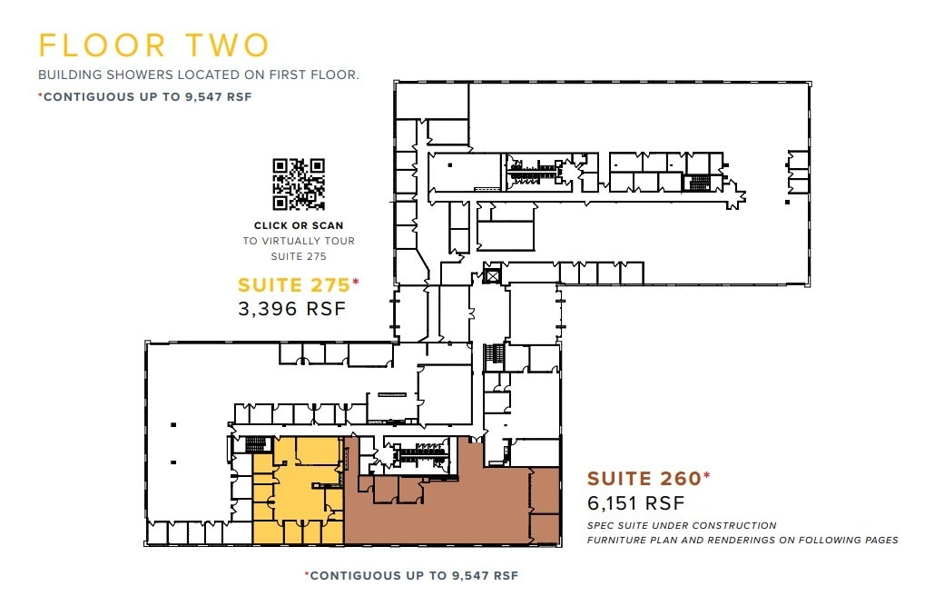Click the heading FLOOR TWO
point(153,46)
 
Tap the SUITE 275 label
point(294,284)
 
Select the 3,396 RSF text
point(291,308)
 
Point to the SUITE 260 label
point(644,478)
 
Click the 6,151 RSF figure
point(635,502)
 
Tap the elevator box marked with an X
point(493,274)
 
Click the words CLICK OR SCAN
point(299,225)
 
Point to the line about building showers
point(198,75)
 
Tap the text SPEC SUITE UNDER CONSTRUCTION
point(682,525)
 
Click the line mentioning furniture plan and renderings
point(742,540)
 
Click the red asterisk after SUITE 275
point(356,282)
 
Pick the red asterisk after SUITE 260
point(707,475)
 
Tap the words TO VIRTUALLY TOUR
point(299,241)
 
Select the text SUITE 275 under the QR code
point(299,256)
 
